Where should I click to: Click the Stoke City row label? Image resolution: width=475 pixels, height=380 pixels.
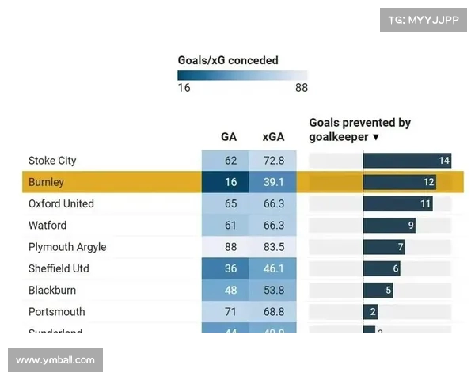click(52, 161)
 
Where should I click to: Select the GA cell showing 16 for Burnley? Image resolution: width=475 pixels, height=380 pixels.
click(230, 182)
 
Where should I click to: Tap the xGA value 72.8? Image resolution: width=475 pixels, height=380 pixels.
click(273, 161)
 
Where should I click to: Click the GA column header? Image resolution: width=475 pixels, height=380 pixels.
click(229, 137)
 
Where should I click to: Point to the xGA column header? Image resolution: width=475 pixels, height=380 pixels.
click(273, 137)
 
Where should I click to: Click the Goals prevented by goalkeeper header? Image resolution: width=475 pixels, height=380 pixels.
click(359, 130)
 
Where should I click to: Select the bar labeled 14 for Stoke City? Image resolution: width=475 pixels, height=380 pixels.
click(407, 161)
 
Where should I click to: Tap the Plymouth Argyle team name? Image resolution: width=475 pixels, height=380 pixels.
click(67, 247)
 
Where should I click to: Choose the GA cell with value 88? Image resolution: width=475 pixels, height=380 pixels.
click(230, 247)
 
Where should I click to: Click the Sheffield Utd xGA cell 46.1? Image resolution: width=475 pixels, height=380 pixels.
click(273, 268)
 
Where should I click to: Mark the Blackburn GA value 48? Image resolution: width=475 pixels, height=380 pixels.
click(230, 290)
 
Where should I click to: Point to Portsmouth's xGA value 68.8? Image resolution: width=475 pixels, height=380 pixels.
click(273, 312)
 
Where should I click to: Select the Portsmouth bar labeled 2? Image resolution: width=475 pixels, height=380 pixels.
click(370, 312)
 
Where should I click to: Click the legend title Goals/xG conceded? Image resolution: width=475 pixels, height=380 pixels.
click(228, 60)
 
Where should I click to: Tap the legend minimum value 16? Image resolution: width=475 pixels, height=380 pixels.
click(184, 88)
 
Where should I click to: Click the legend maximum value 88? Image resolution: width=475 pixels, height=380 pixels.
click(301, 88)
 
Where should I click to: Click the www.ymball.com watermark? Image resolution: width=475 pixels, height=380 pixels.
click(55, 360)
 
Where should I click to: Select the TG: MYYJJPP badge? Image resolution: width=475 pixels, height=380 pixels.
click(423, 20)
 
